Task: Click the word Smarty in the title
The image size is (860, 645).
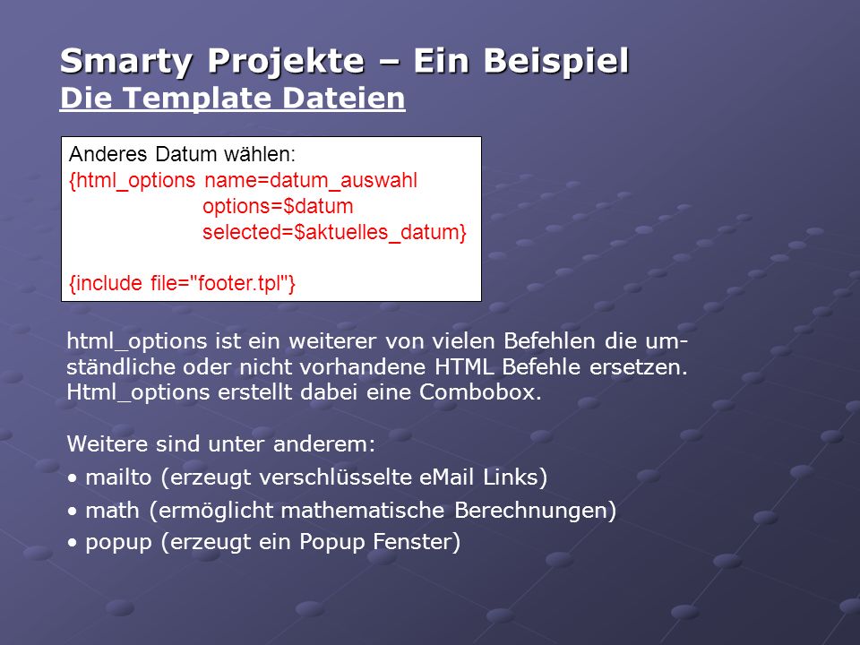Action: pos(125,62)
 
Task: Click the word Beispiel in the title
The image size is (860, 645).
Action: pos(556,62)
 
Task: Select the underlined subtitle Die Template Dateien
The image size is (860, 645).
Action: pos(233,99)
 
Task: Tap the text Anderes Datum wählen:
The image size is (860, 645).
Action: pos(182,154)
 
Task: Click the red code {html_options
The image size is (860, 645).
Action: pos(133,180)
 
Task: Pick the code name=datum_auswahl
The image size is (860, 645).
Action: pos(311,180)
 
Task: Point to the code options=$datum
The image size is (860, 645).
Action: pos(278,207)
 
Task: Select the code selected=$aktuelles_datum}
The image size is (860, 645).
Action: pos(334,233)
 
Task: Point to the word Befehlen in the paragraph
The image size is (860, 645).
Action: pos(549,341)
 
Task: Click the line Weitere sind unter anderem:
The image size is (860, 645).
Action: pos(221,443)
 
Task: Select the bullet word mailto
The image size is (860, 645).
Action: pos(118,477)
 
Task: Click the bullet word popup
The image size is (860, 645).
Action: pos(118,543)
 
